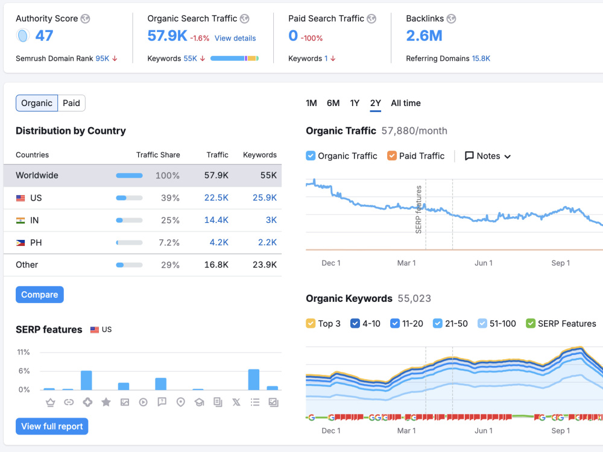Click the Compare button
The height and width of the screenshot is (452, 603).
pyautogui.click(x=40, y=295)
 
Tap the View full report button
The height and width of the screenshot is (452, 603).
pyautogui.click(x=52, y=426)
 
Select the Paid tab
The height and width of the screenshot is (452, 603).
pyautogui.click(x=71, y=103)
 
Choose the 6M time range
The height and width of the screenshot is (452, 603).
pyautogui.click(x=333, y=103)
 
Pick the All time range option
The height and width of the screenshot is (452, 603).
pyautogui.click(x=406, y=103)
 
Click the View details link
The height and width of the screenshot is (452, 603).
pyautogui.click(x=235, y=38)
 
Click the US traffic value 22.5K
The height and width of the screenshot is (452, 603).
pyautogui.click(x=216, y=198)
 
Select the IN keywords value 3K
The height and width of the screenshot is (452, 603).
pyautogui.click(x=271, y=220)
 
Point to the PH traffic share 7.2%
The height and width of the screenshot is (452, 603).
pyautogui.click(x=169, y=242)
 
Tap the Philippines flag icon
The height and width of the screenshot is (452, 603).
pyautogui.click(x=21, y=242)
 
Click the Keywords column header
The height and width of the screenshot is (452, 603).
pyautogui.click(x=259, y=154)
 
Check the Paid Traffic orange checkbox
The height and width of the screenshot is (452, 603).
pyautogui.click(x=392, y=155)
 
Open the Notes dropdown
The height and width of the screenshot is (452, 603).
pyautogui.click(x=488, y=156)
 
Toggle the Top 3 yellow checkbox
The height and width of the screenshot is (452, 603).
pyautogui.click(x=311, y=323)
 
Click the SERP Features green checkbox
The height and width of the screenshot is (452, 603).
pyautogui.click(x=531, y=323)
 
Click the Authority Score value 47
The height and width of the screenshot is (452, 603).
pyautogui.click(x=44, y=36)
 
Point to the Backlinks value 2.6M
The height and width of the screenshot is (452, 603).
pyautogui.click(x=424, y=36)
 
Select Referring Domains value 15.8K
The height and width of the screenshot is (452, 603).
pyautogui.click(x=481, y=58)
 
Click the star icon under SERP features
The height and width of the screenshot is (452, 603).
pyautogui.click(x=106, y=402)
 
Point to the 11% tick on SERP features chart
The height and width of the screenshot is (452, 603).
pyautogui.click(x=23, y=352)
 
